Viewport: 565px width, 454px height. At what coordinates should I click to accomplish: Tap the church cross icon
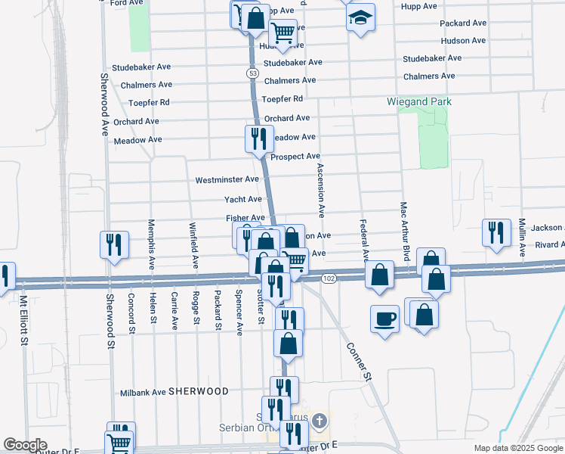coord(320,420)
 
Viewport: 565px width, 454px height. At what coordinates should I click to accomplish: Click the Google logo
coord(24,445)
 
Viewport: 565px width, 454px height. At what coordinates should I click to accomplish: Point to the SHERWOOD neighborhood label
coord(199,391)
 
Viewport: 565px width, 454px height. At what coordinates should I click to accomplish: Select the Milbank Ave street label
coord(143,393)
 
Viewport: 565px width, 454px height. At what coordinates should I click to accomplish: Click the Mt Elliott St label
coord(24,321)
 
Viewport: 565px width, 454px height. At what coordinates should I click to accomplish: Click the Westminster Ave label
coord(227,180)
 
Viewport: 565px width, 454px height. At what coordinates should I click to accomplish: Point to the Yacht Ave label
coord(243,199)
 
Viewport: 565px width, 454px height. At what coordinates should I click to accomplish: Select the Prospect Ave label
coord(295,157)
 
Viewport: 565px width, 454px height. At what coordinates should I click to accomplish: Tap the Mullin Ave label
coord(521,237)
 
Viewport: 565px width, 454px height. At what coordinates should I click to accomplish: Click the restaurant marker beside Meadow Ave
coord(258,138)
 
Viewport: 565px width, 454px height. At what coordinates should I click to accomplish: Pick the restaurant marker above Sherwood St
coord(113,244)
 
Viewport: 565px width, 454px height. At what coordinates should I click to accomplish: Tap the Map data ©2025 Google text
coord(518,448)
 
